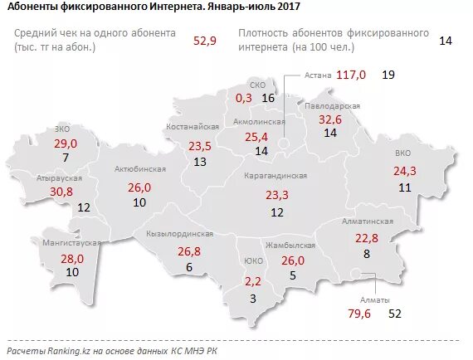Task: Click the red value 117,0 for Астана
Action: click(x=351, y=75)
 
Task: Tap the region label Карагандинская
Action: click(x=276, y=177)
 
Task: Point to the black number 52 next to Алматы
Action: click(x=395, y=314)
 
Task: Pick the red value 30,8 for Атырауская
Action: click(x=39, y=191)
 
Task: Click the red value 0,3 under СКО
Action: click(x=243, y=98)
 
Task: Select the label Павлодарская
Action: click(x=332, y=106)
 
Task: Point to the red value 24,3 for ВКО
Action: click(x=404, y=171)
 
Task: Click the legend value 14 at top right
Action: click(x=445, y=40)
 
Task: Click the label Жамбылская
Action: click(x=290, y=246)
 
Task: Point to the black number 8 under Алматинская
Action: click(x=365, y=255)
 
